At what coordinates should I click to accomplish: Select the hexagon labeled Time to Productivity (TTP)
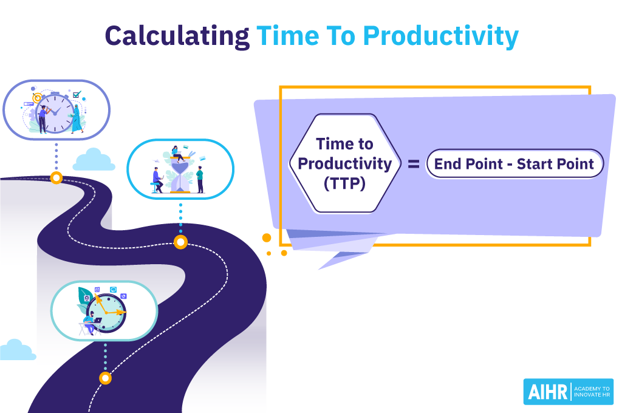click(x=344, y=163)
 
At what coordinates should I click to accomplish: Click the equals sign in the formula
click(x=413, y=164)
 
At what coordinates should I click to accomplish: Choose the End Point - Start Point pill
click(x=514, y=164)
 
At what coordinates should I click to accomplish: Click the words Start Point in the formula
click(x=555, y=164)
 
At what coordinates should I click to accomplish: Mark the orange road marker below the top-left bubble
click(x=56, y=178)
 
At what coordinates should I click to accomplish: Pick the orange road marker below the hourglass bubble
click(x=180, y=242)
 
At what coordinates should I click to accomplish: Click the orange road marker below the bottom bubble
click(x=105, y=378)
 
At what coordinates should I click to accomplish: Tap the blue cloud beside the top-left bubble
click(x=94, y=160)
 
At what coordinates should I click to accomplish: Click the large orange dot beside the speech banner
click(x=266, y=237)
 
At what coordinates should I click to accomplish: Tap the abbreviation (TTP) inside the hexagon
click(x=344, y=183)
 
